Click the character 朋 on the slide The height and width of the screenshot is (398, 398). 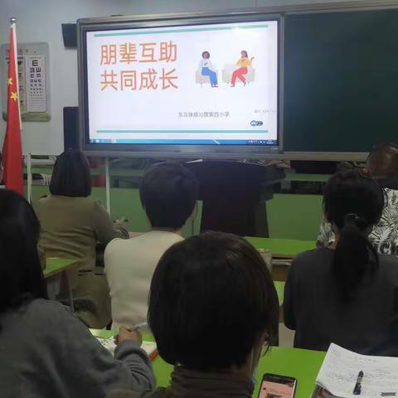coord(109,55)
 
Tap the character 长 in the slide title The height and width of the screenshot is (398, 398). coord(168,80)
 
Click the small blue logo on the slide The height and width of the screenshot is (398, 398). coord(256,123)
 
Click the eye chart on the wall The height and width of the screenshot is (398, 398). coord(35,83)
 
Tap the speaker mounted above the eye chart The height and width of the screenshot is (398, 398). coord(70,35)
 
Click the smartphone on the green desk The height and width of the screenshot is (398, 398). coord(276,386)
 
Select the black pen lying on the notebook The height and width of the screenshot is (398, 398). coord(357,381)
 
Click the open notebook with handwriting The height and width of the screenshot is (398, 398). coord(357,371)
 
